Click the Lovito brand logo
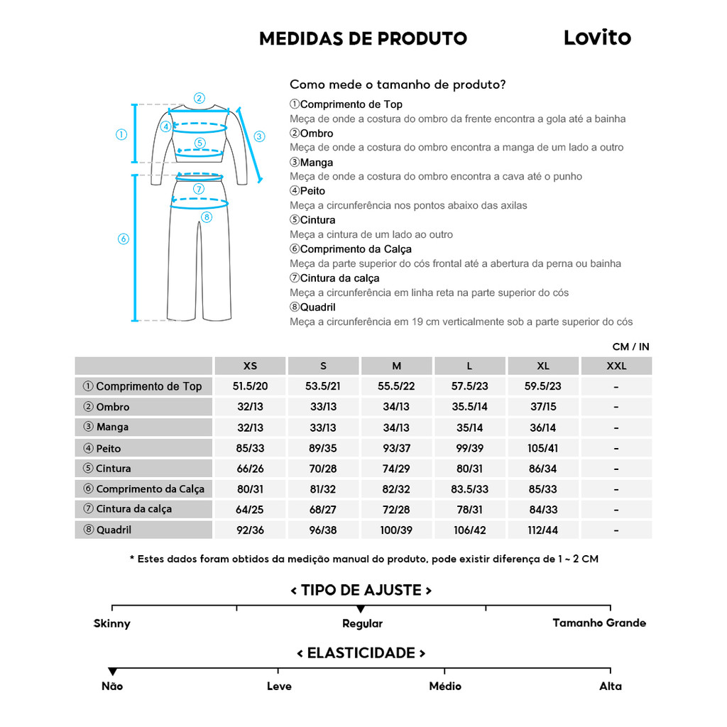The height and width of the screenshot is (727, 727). click(597, 38)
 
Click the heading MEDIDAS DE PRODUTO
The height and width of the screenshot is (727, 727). click(363, 38)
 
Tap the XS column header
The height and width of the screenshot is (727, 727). click(250, 366)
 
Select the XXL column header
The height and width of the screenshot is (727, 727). click(616, 366)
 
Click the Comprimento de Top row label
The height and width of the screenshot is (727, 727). click(143, 386)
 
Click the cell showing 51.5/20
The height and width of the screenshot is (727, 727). click(250, 386)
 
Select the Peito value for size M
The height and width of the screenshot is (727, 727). click(396, 448)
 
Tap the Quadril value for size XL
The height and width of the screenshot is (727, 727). click(543, 530)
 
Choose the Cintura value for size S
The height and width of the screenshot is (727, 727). click(323, 469)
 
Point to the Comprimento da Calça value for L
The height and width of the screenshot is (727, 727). click(469, 489)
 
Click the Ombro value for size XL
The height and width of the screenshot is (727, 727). click(543, 407)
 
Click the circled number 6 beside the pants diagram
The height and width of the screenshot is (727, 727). click(123, 239)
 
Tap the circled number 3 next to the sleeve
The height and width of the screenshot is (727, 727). click(259, 136)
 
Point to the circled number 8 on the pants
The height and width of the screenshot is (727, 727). click(207, 217)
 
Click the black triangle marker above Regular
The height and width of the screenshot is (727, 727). click(361, 609)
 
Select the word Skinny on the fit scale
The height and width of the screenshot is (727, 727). click(112, 623)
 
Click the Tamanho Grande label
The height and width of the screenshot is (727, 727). click(599, 623)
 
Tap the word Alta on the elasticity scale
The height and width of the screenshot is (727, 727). click(610, 686)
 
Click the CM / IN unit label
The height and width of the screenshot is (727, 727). click(630, 346)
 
